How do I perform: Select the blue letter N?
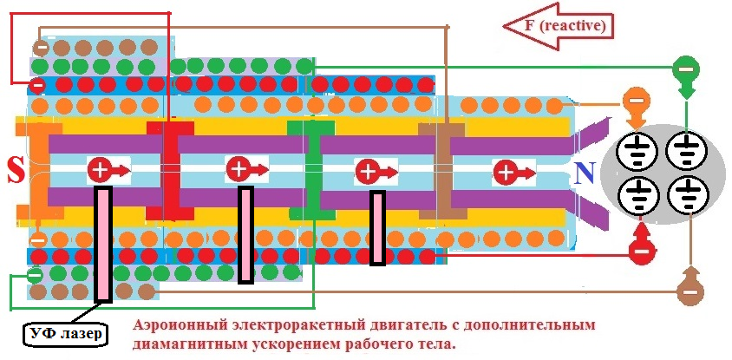click(584, 175)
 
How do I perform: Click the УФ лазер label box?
click(66, 332)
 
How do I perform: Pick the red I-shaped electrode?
click(168, 170)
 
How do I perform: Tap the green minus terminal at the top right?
click(685, 69)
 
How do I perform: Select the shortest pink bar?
click(377, 227)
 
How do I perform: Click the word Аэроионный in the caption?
click(183, 325)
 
